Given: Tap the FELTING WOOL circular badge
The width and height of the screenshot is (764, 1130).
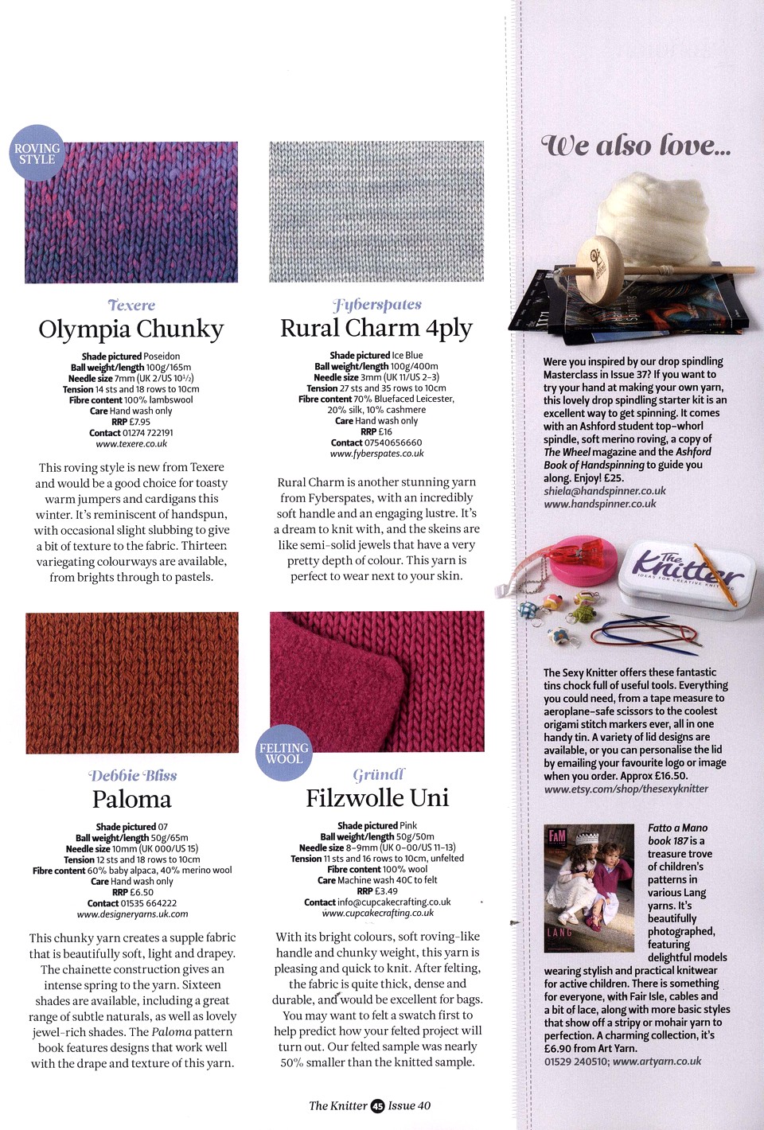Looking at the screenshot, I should (x=283, y=753).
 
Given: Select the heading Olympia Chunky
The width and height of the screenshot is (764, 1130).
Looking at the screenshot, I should (x=131, y=329).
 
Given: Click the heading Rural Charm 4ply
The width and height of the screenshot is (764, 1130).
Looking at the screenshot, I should (x=376, y=328).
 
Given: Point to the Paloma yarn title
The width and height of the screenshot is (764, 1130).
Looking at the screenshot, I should (x=132, y=799).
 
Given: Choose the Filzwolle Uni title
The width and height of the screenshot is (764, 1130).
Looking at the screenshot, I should (x=377, y=797).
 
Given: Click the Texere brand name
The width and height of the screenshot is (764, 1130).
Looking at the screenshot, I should (x=131, y=306).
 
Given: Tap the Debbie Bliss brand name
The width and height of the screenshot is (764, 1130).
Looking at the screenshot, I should (x=132, y=775).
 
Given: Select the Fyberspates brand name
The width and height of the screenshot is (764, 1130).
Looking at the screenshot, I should (x=377, y=304).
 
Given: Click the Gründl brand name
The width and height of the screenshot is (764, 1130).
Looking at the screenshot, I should (x=379, y=774).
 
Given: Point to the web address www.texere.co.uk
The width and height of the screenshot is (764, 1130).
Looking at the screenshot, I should (x=131, y=444).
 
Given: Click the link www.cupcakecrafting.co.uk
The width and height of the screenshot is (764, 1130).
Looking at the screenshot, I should (x=378, y=913).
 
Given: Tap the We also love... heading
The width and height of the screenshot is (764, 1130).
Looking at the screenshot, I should (x=636, y=146).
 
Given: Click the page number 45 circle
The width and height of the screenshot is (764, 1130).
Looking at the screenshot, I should (x=377, y=1105).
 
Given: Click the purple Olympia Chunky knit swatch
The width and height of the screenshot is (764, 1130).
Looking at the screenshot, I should (x=131, y=212).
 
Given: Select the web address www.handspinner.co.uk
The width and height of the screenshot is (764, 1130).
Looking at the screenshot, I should (x=600, y=504).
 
